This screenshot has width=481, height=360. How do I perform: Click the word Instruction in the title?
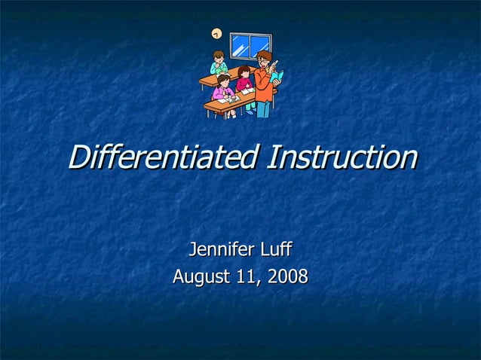point(344,157)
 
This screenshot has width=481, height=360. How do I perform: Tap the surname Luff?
point(276,249)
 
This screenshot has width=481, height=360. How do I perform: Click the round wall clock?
point(216,34)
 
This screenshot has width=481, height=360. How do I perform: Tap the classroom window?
point(249,46)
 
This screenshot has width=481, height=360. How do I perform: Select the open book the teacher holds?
point(277,76)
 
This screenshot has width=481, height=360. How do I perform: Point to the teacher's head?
point(263,58)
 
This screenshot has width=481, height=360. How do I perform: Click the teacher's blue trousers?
point(262,108)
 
